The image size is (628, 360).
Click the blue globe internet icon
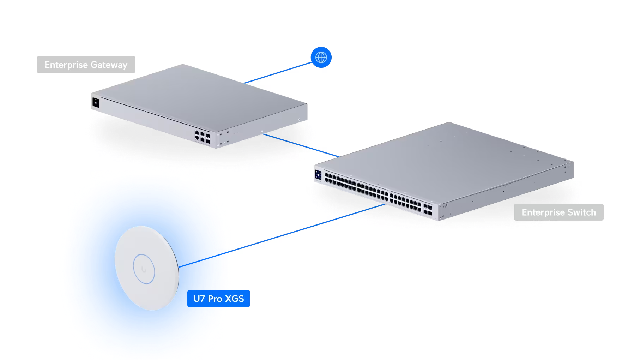(x=321, y=57)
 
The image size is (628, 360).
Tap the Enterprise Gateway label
(x=86, y=65)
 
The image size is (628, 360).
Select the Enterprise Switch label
(x=559, y=212)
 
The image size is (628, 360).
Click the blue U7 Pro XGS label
(x=219, y=299)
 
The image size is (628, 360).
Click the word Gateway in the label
(x=109, y=65)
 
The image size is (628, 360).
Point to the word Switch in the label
(x=582, y=212)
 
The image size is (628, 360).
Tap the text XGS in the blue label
(x=235, y=299)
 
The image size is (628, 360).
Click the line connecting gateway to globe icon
(x=278, y=73)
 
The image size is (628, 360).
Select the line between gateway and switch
(x=301, y=145)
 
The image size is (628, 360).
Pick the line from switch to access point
(x=282, y=235)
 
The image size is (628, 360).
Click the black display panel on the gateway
(x=96, y=103)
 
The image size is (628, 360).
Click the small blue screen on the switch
(x=318, y=175)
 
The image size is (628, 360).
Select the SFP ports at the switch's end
(x=428, y=209)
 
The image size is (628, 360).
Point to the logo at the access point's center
(x=144, y=270)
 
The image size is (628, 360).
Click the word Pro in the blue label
(x=215, y=299)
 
